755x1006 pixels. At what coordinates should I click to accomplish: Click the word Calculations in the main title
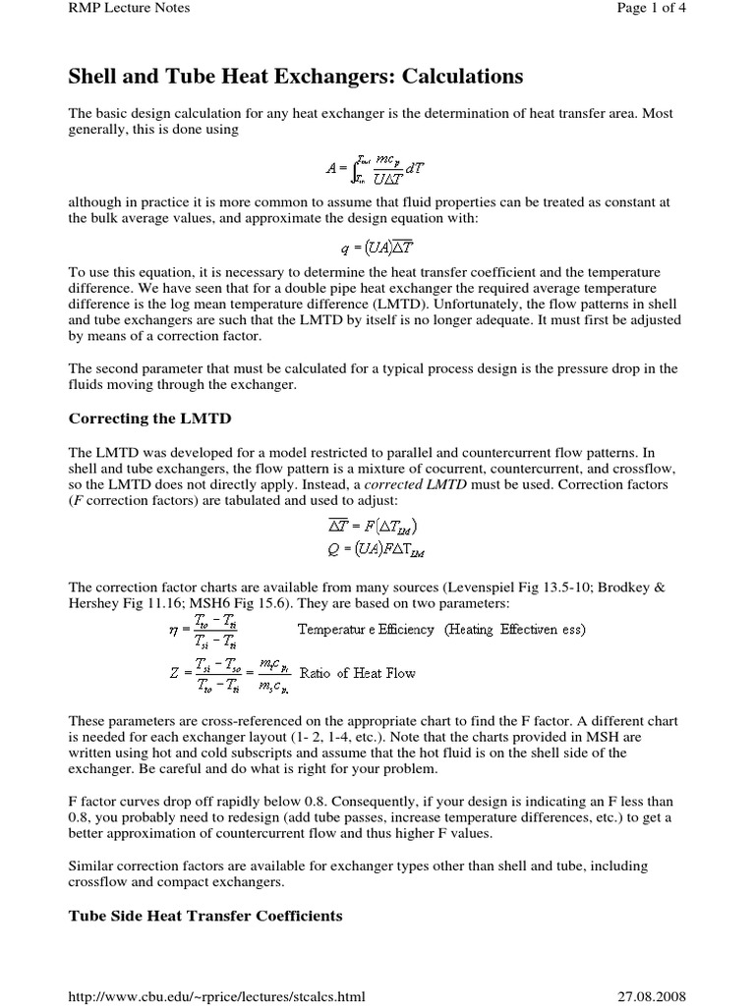(434, 76)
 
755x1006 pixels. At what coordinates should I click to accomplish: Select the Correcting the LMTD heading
(149, 419)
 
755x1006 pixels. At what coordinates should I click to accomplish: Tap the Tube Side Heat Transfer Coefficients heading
(204, 916)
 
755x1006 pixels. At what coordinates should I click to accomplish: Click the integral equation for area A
(377, 168)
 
